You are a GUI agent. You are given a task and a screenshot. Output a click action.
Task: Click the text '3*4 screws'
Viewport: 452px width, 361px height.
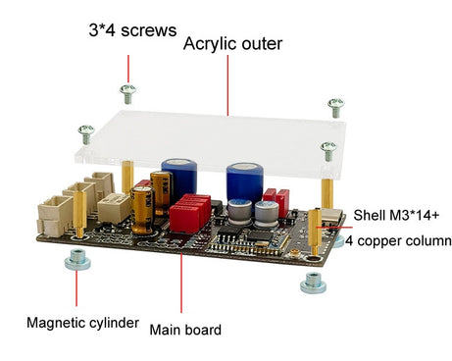(132, 30)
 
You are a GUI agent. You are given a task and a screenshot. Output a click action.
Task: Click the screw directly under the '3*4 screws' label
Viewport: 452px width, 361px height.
(127, 91)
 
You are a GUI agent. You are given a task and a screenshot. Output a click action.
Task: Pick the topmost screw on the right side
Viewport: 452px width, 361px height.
(336, 104)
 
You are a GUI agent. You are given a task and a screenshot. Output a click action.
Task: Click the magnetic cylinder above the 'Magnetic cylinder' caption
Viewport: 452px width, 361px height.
(76, 259)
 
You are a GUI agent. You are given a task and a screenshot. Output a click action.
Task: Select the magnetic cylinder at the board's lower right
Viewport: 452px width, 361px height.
(313, 282)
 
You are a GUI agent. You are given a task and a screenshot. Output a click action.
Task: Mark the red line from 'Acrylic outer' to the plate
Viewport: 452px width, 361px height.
(227, 84)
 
